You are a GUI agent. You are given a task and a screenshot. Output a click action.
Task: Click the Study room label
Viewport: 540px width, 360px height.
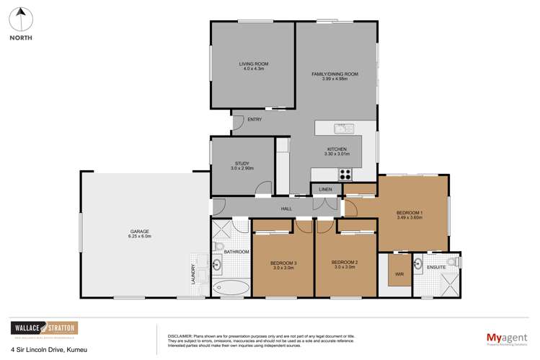pos(242,163)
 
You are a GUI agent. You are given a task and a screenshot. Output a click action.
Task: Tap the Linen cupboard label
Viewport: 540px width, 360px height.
pos(326,189)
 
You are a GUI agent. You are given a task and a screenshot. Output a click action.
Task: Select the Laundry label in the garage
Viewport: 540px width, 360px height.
pos(192,273)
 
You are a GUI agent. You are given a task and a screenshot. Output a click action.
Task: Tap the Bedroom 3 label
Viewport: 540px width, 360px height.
pos(284,263)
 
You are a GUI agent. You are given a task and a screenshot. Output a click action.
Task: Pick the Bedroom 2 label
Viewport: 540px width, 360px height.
pos(346,263)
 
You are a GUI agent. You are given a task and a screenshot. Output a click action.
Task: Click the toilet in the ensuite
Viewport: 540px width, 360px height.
pos(453,260)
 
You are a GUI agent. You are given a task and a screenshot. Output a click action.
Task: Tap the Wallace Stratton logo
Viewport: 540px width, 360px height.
pos(43,329)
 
